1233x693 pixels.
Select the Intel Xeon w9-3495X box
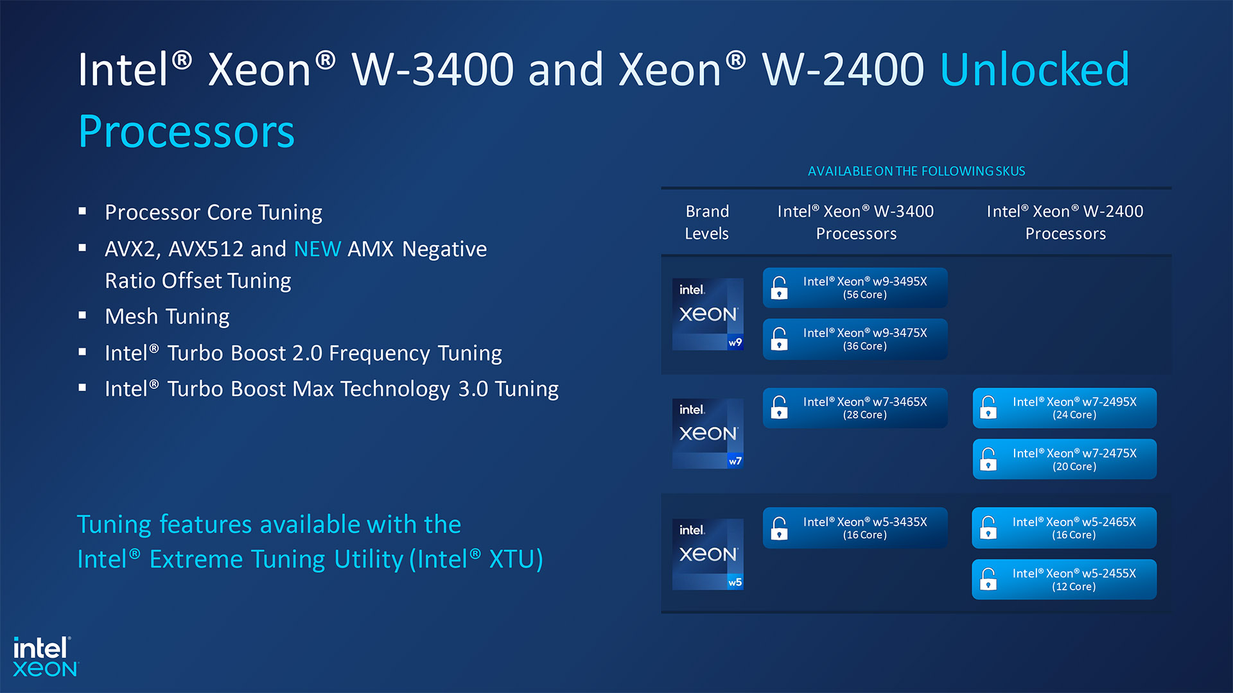coord(855,287)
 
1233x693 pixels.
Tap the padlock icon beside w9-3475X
coord(779,339)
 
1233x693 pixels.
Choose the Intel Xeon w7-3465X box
coord(855,408)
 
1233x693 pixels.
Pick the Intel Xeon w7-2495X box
coord(1064,408)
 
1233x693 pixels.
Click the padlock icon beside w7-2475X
coord(988,459)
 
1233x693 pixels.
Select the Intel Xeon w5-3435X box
coord(855,528)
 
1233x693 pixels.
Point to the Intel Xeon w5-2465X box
coord(1064,528)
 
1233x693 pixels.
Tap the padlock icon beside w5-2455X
coord(988,579)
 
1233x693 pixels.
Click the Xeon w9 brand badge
coord(708,314)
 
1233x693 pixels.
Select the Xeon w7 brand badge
coord(708,434)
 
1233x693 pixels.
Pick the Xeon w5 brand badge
coord(708,554)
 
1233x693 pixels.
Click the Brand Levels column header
coord(707,222)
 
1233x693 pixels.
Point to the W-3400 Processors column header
coord(855,222)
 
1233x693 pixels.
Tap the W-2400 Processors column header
coord(1065,222)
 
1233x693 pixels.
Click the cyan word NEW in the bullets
coord(317,249)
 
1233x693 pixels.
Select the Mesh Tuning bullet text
coord(167,316)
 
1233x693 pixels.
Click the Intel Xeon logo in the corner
coord(45,656)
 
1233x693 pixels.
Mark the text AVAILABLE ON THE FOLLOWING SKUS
coord(916,171)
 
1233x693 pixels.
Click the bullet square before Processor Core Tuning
coord(82,211)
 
